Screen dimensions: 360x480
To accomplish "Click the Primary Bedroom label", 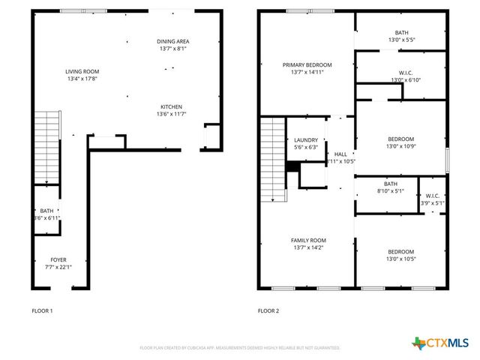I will click(x=307, y=65).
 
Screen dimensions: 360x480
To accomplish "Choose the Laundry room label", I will click(x=306, y=139).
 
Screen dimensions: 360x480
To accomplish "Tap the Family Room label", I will click(x=308, y=240).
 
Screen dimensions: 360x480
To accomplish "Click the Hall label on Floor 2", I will click(x=340, y=154).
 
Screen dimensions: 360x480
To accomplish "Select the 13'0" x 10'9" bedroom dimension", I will click(x=400, y=147).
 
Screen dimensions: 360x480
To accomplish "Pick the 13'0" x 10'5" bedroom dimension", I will click(x=400, y=259).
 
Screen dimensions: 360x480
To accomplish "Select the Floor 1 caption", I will click(x=42, y=310).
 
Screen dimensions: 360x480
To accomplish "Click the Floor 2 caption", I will click(x=268, y=310).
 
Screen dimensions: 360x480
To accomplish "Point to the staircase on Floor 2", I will click(x=271, y=160).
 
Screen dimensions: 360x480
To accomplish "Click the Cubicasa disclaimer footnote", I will click(x=240, y=348).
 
